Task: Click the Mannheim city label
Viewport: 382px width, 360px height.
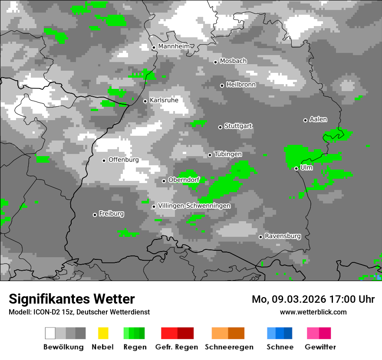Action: point(174,46)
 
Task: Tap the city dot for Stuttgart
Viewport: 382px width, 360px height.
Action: point(220,127)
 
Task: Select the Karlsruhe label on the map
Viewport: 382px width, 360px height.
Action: point(164,100)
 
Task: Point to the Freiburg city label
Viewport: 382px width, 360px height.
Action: point(111,213)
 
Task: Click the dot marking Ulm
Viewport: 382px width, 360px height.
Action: point(296,168)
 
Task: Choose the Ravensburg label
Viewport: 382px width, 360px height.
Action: point(283,236)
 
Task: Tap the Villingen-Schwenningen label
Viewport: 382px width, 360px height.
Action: point(194,206)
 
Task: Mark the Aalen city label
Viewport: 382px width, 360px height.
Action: point(318,119)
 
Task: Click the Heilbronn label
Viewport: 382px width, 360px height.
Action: point(241,85)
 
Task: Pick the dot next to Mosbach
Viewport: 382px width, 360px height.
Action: point(215,62)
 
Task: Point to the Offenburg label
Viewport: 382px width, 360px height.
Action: point(124,160)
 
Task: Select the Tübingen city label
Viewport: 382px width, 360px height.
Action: point(228,154)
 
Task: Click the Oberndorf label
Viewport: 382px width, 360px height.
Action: point(184,180)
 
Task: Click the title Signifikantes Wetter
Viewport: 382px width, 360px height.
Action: point(72,299)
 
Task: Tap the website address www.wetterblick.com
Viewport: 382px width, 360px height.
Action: point(313,312)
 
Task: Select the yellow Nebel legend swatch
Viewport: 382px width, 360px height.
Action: point(103,333)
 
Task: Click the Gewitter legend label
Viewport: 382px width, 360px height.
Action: point(320,347)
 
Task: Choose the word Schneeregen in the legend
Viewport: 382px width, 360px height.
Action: point(229,347)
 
